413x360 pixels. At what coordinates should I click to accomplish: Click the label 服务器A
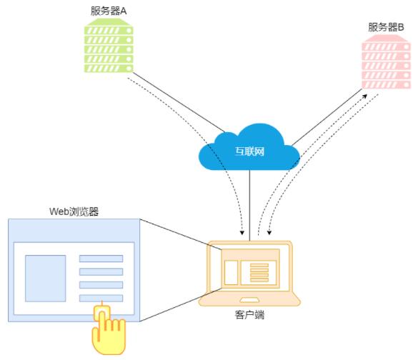tap(109, 11)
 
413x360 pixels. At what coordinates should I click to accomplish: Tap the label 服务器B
tap(386, 27)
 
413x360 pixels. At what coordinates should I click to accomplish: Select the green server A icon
tap(109, 45)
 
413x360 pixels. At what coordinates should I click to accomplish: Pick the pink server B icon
tap(387, 62)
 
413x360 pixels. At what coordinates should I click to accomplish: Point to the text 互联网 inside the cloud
tap(249, 151)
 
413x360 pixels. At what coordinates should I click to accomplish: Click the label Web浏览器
tap(74, 211)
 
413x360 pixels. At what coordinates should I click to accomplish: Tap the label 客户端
tap(249, 315)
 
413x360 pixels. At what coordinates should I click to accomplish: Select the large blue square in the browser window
tap(45, 279)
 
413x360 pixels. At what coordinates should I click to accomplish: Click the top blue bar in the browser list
tap(101, 259)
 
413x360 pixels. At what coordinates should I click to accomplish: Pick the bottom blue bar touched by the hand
tap(101, 298)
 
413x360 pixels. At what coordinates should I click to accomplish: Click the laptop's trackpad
tap(249, 300)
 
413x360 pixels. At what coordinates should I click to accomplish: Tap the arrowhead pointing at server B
tap(365, 96)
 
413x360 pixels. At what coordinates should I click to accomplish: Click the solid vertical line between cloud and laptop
tap(249, 206)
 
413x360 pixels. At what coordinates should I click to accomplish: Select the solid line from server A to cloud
tap(179, 102)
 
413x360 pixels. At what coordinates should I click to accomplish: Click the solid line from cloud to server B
tap(327, 117)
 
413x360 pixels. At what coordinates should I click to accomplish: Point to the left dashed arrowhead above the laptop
tap(242, 232)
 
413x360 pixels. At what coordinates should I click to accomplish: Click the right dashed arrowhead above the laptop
tap(269, 232)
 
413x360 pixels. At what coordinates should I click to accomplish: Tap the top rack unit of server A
tap(109, 31)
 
